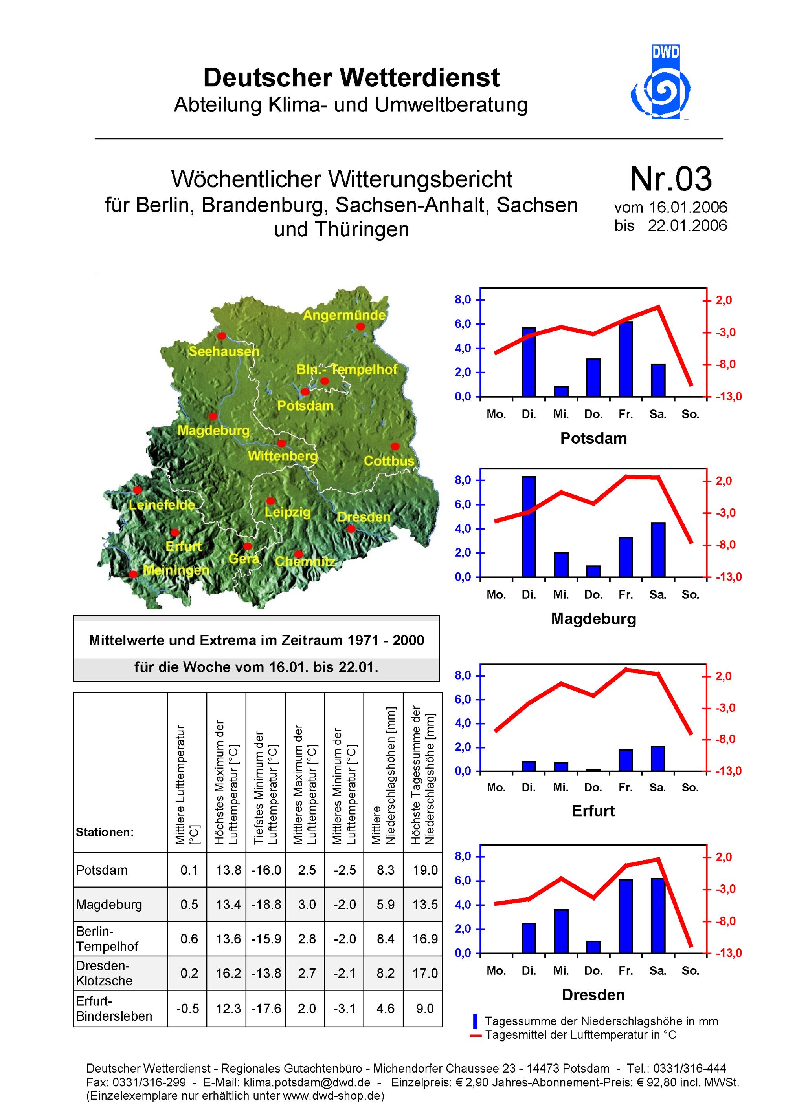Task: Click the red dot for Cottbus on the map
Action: click(395, 446)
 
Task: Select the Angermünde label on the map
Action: click(344, 316)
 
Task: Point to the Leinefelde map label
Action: click(162, 505)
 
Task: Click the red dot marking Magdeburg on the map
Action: click(213, 416)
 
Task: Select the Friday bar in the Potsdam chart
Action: click(626, 359)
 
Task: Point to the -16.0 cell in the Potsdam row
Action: click(266, 870)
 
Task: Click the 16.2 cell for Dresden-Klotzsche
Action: click(228, 973)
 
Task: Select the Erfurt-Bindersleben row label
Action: click(114, 1009)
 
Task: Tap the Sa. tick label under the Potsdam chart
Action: click(657, 414)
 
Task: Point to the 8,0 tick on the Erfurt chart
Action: click(463, 676)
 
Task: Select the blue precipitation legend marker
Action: click(475, 1021)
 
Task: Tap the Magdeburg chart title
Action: click(593, 618)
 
